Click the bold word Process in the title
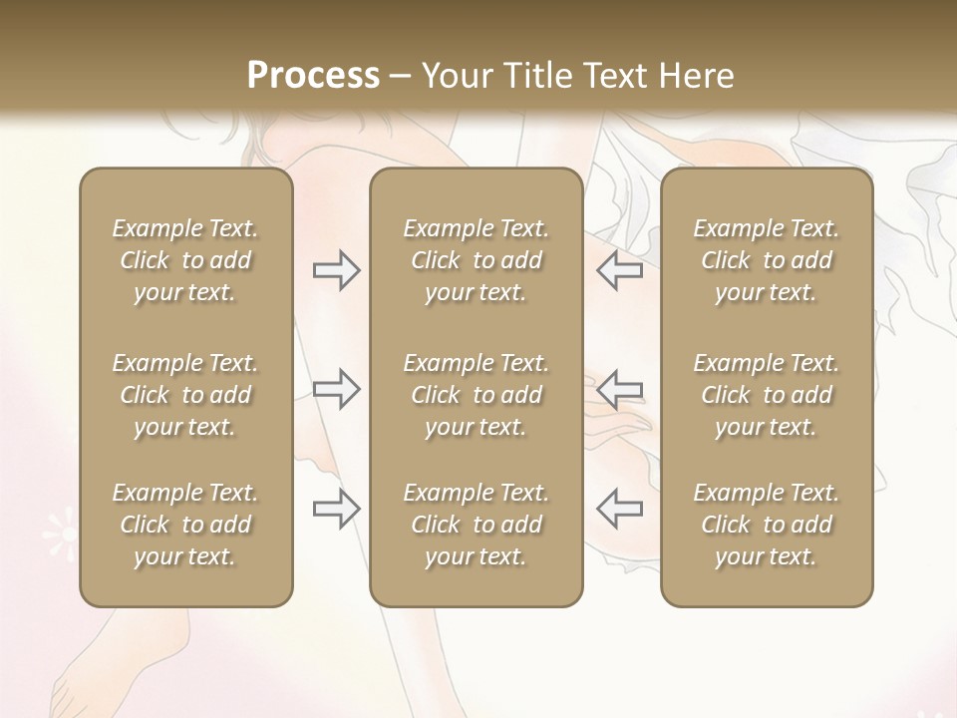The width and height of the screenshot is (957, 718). (313, 75)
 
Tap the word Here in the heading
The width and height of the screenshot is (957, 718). (697, 75)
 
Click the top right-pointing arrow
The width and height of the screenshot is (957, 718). (336, 270)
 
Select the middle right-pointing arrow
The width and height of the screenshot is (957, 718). (336, 389)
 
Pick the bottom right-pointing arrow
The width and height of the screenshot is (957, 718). (336, 509)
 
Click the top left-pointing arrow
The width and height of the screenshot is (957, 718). (620, 270)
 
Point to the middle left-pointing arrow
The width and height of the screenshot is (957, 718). (620, 389)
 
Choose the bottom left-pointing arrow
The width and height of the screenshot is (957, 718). (620, 509)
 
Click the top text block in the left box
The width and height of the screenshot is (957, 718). (185, 260)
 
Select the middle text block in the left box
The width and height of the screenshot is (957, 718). (185, 395)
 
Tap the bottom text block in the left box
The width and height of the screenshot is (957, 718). (185, 525)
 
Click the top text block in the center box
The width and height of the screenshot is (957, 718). (477, 260)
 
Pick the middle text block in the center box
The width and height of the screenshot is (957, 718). (477, 395)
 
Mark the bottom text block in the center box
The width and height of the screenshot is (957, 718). (477, 525)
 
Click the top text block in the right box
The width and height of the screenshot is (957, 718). (767, 260)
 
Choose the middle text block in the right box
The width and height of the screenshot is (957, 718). (767, 395)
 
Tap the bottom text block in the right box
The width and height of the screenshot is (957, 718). (767, 525)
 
